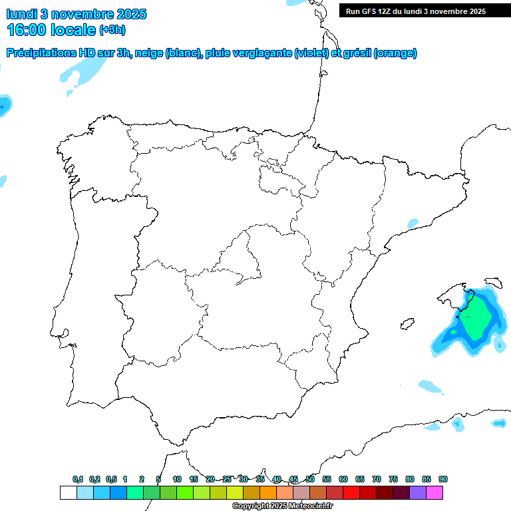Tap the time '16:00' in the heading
click(x=26, y=30)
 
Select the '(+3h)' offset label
click(x=112, y=30)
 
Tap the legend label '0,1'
click(x=78, y=479)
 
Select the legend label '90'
click(x=443, y=479)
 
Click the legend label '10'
click(x=177, y=479)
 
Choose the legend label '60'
click(x=343, y=479)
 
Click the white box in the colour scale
click(x=68, y=492)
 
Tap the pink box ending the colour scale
click(x=434, y=492)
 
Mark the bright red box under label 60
click(x=351, y=492)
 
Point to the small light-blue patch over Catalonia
click(x=413, y=223)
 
